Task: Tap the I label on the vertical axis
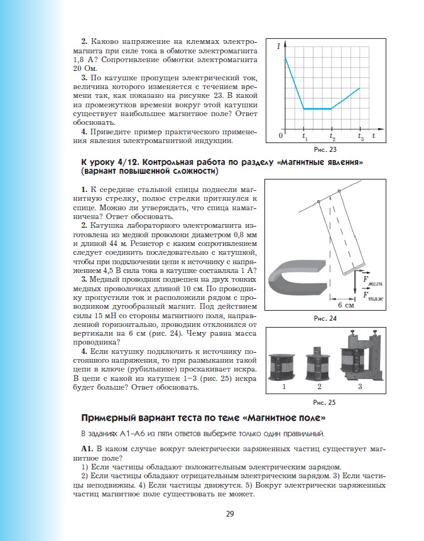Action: [x=278, y=46]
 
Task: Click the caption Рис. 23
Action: [x=325, y=149]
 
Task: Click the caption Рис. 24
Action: [x=325, y=318]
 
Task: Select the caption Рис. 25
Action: [x=325, y=402]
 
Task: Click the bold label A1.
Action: [x=87, y=449]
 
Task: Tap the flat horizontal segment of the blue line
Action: [x=317, y=109]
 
